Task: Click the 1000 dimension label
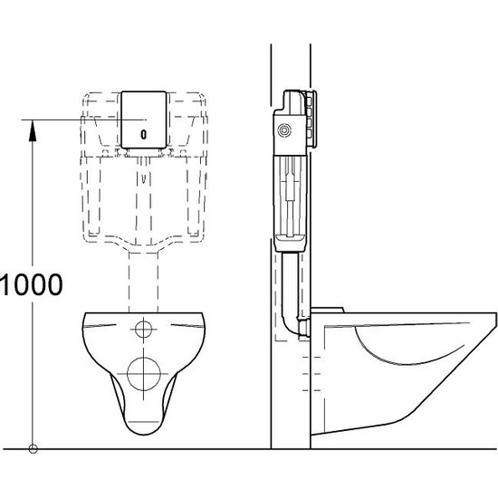point(32,285)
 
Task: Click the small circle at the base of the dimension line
point(34,447)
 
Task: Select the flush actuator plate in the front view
point(143,120)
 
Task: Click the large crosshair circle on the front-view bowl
point(144,371)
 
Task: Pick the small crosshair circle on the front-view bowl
point(144,327)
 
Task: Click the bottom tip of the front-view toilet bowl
point(144,426)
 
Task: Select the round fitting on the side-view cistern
point(286,132)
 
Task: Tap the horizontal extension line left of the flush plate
point(72,120)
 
